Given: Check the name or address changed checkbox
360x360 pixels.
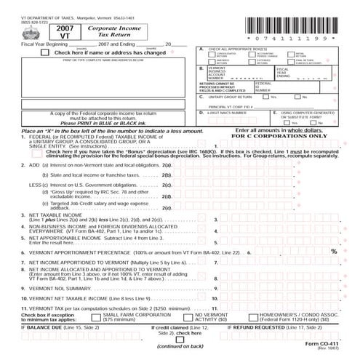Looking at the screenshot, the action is point(47,52).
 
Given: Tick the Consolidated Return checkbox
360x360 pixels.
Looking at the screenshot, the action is point(212,55).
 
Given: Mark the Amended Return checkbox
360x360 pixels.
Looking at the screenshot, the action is point(212,62).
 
